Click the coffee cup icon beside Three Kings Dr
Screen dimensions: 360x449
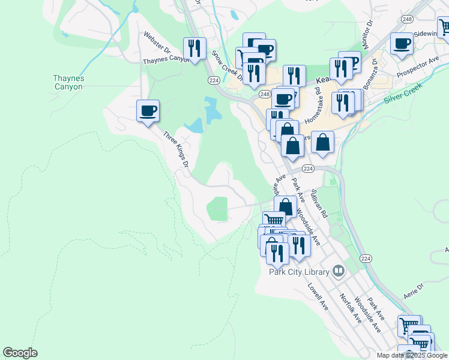tap(148, 110)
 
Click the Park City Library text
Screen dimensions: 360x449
tap(299, 272)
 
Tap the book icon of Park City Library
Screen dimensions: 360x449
tap(339, 272)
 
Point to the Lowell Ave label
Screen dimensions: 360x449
tap(319, 296)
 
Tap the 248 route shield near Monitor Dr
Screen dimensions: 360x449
tap(408, 19)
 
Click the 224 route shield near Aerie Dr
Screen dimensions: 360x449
tap(366, 258)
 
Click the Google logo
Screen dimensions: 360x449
tap(20, 353)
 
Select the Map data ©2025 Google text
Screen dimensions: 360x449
tap(411, 355)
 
